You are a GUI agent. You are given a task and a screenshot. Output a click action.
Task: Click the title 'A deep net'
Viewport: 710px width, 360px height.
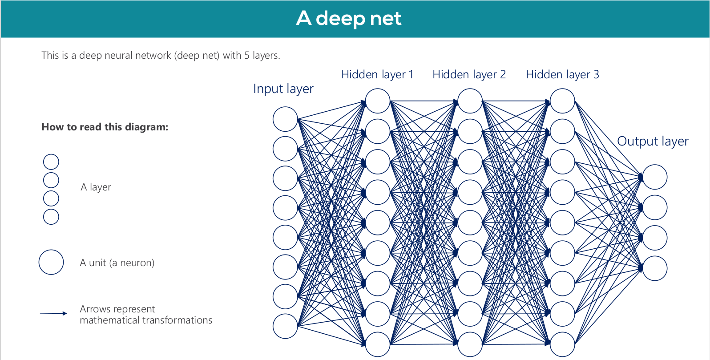[349, 19]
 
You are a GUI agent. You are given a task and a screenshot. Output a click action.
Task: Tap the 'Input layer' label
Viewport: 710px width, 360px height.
[283, 89]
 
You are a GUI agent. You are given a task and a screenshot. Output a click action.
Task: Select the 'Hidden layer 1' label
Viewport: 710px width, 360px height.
[377, 75]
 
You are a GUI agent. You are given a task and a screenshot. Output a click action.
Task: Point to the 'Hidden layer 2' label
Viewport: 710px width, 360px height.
[469, 75]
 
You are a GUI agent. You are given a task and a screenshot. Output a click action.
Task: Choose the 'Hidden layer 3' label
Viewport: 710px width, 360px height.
[562, 75]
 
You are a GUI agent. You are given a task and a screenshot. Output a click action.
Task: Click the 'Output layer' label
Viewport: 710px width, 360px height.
[653, 142]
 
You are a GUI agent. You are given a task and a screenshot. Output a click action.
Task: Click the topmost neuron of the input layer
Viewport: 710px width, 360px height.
[285, 119]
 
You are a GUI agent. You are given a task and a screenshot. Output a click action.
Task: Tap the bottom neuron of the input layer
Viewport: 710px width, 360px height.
[285, 326]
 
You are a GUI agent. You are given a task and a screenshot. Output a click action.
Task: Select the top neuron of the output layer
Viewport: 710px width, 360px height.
[655, 177]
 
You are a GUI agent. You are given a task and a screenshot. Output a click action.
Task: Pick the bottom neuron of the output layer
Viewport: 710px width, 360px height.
[655, 268]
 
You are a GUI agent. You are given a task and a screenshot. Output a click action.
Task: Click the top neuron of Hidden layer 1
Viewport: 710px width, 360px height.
[378, 101]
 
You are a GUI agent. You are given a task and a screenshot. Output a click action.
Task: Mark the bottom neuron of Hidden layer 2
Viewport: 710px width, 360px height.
[470, 344]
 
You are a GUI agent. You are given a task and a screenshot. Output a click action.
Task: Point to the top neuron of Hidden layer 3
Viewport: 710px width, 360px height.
[562, 101]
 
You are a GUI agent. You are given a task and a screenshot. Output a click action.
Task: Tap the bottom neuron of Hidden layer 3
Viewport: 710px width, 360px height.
[562, 344]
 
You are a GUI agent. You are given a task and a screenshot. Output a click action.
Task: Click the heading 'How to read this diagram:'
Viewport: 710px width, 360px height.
[105, 127]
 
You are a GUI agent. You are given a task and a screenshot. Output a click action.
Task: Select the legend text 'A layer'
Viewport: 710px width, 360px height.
[96, 187]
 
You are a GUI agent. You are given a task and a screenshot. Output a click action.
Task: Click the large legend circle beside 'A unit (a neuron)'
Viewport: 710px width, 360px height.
[51, 262]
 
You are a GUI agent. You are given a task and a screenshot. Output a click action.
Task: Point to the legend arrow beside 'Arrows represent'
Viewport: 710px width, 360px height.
[53, 314]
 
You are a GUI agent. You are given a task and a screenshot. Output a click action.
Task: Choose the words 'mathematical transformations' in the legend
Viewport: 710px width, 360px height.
[146, 320]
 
